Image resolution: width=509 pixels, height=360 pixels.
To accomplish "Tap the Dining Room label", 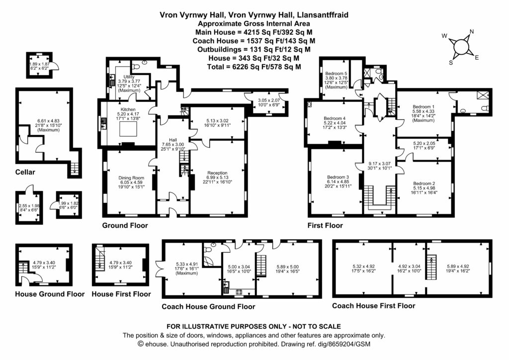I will pos(131,178).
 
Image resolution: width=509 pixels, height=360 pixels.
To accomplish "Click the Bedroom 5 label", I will pos(336,74).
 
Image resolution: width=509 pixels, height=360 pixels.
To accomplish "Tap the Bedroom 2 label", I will pos(424,182).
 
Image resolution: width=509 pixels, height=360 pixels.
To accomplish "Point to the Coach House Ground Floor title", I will pos(208,307).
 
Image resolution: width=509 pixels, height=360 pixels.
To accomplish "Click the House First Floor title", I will pos(121,294).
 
